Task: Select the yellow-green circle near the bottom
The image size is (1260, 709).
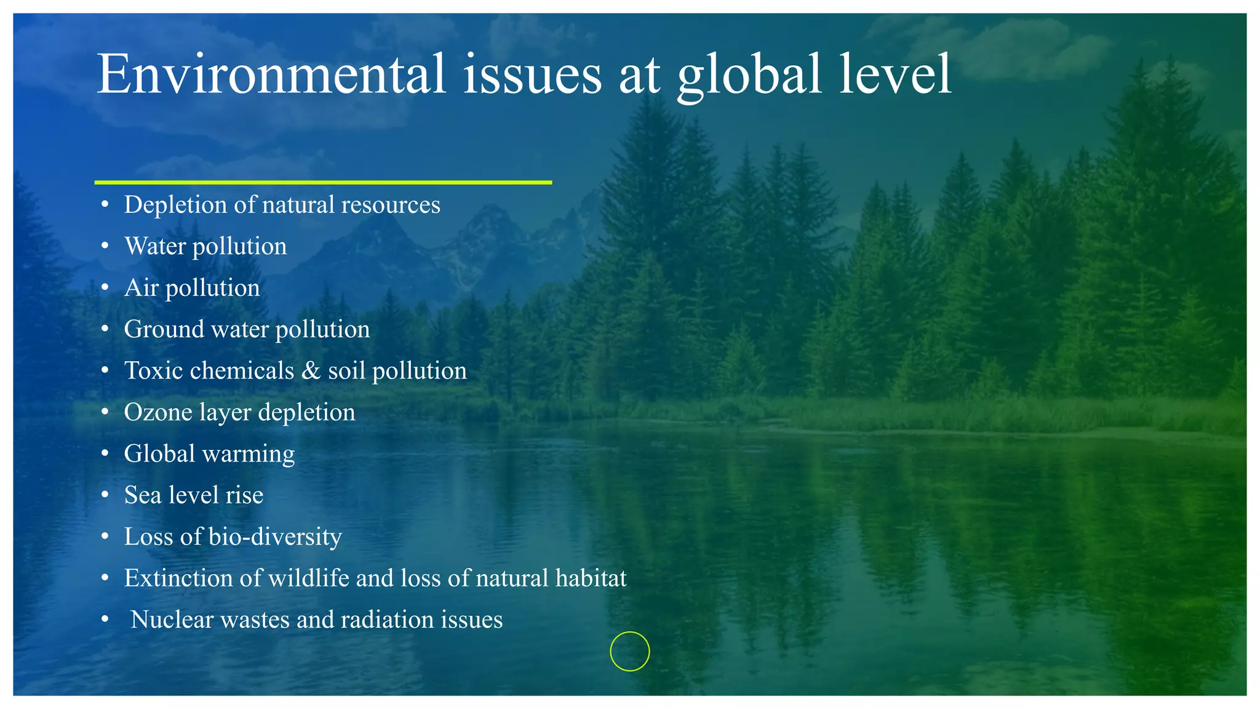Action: (x=629, y=651)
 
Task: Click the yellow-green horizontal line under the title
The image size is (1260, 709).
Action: (x=323, y=182)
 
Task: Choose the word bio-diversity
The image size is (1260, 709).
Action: (x=275, y=537)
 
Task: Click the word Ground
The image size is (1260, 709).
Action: (x=164, y=329)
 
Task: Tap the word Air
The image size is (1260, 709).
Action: (x=141, y=288)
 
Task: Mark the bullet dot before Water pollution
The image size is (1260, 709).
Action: (x=105, y=246)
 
